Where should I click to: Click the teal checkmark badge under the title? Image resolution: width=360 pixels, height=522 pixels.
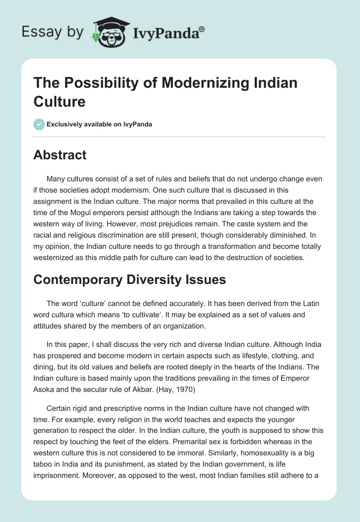39,124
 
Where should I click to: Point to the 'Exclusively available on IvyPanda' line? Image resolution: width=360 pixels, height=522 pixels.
99,124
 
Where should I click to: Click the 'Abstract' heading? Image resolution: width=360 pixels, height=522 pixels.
60,155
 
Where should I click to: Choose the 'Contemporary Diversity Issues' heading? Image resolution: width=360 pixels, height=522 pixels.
130,279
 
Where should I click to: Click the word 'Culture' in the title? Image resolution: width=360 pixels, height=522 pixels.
59,101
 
